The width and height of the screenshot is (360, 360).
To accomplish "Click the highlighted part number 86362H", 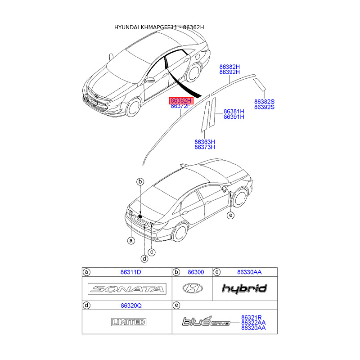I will tap(181, 100).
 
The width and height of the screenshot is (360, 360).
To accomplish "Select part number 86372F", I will tap(181, 106).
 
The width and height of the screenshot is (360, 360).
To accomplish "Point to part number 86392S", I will tap(264, 108).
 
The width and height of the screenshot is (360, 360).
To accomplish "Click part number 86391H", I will tap(234, 117).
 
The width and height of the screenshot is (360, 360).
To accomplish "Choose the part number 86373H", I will tap(205, 147).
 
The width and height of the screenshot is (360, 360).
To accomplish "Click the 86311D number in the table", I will tap(130, 272).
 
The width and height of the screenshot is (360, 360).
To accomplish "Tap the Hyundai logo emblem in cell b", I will tap(192, 288).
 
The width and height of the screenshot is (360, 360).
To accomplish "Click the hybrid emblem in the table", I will tap(244, 288).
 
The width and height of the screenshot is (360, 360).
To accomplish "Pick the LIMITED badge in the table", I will tap(128, 322).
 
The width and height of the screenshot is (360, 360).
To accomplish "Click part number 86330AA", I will tap(249, 272).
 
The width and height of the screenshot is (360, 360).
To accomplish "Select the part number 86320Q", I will tap(130, 305).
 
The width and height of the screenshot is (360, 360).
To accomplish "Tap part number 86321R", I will tap(252, 317).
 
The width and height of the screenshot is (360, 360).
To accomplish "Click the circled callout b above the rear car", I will tap(140, 181).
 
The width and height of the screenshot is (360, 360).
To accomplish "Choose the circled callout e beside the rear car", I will tap(231, 216).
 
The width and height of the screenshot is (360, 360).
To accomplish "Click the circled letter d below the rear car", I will tap(144, 259).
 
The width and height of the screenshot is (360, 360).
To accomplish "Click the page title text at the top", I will tap(159, 27).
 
